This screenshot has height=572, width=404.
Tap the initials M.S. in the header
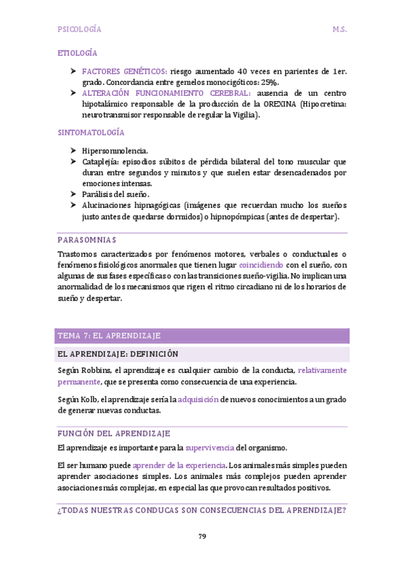(x=339, y=30)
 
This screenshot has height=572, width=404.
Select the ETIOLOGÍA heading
(x=78, y=53)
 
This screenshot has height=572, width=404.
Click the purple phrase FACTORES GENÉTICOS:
(x=125, y=71)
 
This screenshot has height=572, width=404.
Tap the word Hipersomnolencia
(x=115, y=151)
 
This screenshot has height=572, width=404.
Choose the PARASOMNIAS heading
(x=87, y=239)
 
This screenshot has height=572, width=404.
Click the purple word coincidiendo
(x=260, y=264)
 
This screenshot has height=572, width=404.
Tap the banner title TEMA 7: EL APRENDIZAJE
(x=109, y=336)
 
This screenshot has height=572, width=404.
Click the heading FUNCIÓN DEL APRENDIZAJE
(x=114, y=433)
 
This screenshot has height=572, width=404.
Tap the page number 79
(x=202, y=536)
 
